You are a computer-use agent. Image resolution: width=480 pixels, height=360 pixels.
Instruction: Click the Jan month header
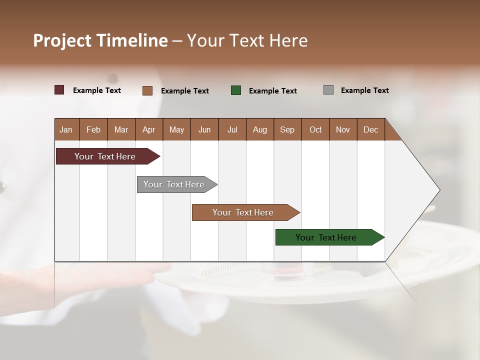click(x=66, y=129)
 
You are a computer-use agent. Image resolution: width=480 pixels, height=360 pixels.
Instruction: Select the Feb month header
click(x=93, y=129)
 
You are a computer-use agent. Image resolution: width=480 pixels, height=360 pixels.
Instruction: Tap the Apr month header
click(x=148, y=129)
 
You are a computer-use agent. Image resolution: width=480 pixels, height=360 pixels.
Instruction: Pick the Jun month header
click(x=204, y=129)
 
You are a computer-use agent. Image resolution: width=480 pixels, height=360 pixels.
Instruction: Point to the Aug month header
click(x=259, y=129)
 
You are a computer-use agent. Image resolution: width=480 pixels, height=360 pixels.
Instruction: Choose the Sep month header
click(x=287, y=129)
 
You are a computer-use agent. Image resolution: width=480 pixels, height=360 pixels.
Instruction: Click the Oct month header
click(x=315, y=129)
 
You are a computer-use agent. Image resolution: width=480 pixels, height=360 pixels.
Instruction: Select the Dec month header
click(x=370, y=129)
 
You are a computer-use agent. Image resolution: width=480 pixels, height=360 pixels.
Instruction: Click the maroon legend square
click(x=59, y=90)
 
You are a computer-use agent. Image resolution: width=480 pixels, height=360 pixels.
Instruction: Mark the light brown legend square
click(x=147, y=90)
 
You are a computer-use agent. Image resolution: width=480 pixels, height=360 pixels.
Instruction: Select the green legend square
click(x=236, y=90)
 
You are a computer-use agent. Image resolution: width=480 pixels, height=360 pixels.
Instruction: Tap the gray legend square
click(x=328, y=90)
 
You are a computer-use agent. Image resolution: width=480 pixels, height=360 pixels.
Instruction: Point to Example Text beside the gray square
click(x=364, y=90)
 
